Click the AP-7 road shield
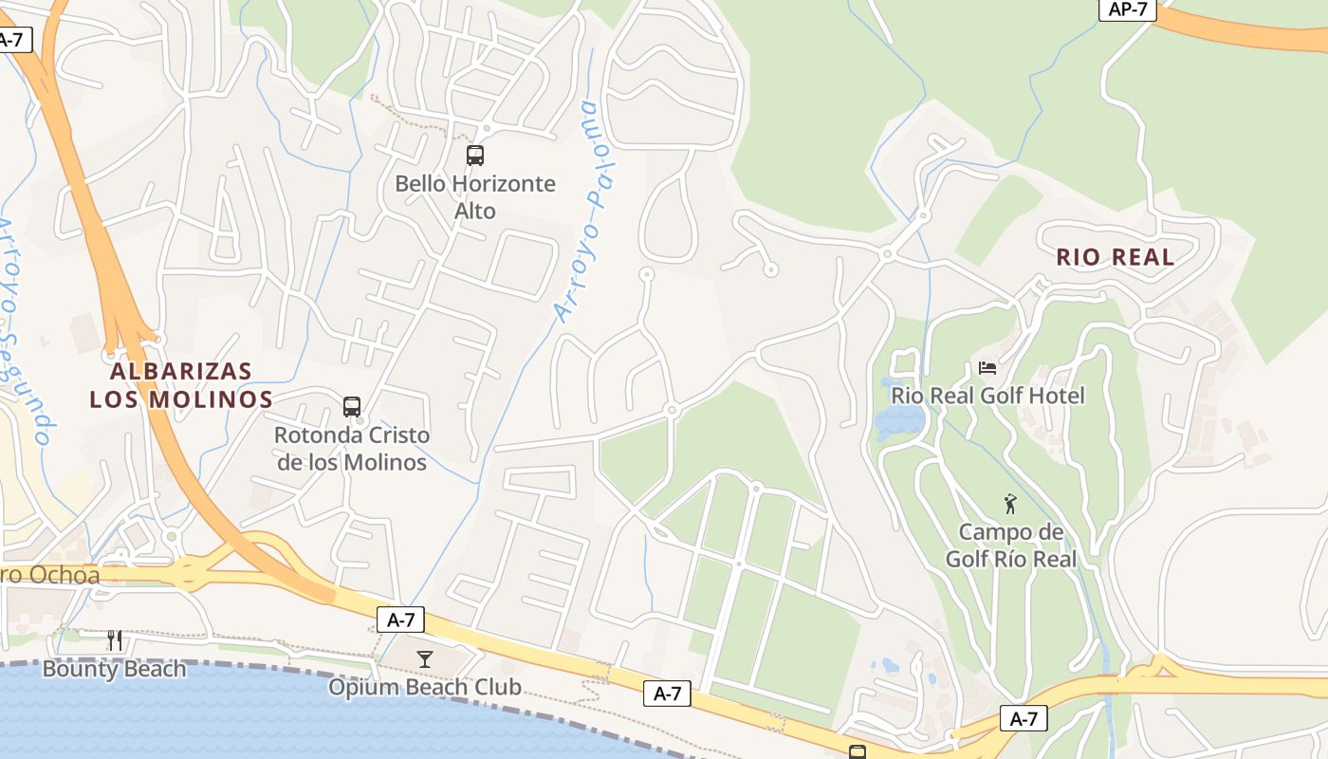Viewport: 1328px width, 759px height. click(1127, 9)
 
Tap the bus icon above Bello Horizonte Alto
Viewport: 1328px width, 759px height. click(475, 156)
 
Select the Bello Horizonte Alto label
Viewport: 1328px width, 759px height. click(475, 196)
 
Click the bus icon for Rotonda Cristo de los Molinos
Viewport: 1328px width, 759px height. click(352, 407)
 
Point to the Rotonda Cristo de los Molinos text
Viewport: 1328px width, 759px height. click(352, 449)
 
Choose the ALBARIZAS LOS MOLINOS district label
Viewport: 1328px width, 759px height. click(181, 384)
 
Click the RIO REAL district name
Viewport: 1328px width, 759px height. click(1115, 256)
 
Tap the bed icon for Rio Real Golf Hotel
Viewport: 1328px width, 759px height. click(987, 367)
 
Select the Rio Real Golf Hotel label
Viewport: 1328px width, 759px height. click(987, 395)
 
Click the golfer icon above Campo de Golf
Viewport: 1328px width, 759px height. click(1010, 504)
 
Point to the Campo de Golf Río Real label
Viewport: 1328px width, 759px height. click(1011, 546)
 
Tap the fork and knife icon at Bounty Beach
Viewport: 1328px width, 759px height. click(115, 640)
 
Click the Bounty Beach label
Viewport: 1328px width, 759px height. click(115, 669)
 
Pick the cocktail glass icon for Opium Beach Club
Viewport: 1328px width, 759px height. click(425, 658)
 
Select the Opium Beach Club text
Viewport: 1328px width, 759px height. click(425, 686)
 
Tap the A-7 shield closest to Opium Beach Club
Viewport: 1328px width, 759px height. click(400, 620)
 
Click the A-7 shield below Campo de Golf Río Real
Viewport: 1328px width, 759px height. click(1024, 718)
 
